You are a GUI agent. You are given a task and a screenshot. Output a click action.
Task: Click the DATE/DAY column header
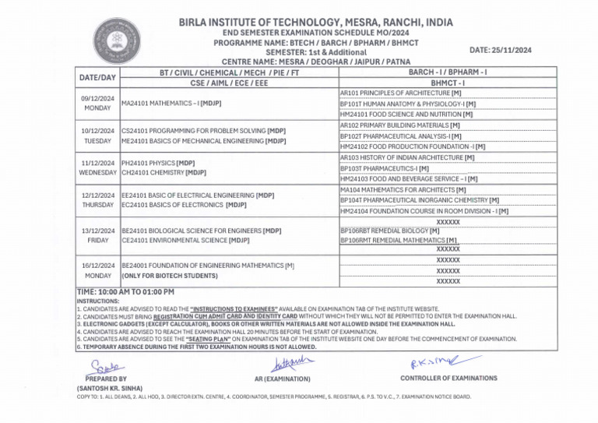(98, 77)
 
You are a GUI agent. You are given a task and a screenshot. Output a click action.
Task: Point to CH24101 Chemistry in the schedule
(164, 171)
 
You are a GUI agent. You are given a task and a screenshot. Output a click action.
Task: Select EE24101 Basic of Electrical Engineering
(198, 195)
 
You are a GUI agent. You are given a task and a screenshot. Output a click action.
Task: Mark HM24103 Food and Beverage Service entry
(409, 178)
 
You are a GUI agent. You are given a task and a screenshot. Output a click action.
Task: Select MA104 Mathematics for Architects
(403, 189)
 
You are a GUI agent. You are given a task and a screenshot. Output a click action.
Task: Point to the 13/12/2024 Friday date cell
(98, 236)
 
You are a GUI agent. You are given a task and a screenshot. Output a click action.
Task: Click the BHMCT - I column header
(447, 82)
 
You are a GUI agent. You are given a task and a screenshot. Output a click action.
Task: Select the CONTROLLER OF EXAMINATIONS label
(448, 378)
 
